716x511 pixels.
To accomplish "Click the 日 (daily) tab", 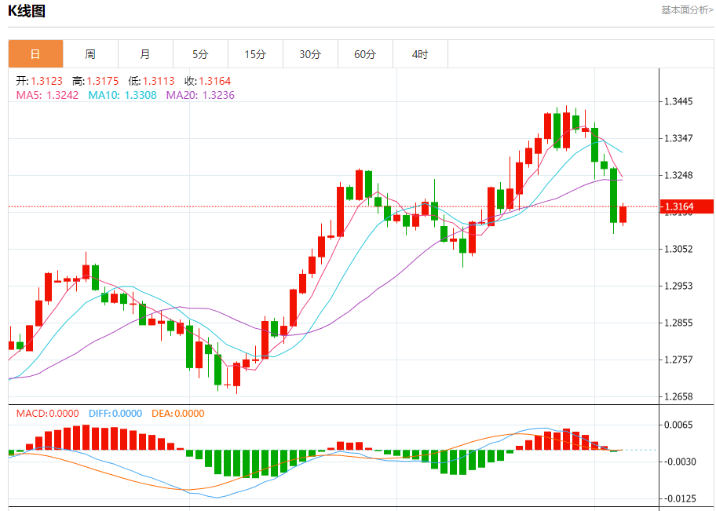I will coord(35,54).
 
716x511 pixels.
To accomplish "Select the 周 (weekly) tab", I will coord(90,54).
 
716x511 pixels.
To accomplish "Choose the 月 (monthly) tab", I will coord(145,54).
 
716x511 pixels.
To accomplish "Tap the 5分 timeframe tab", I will coord(200,54).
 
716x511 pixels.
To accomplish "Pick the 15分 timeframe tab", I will coord(255,54).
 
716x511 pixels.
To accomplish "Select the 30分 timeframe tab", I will coord(310,54).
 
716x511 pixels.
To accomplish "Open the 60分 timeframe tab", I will coord(365,54).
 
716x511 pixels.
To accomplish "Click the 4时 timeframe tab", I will coord(420,54).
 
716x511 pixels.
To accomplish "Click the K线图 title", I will coord(27,11).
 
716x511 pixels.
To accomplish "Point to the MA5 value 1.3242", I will coord(63,95).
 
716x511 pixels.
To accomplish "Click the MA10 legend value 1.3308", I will coord(141,95).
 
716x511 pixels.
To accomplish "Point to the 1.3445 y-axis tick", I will coord(678,102).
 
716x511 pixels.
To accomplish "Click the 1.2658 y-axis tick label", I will coord(678,397).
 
